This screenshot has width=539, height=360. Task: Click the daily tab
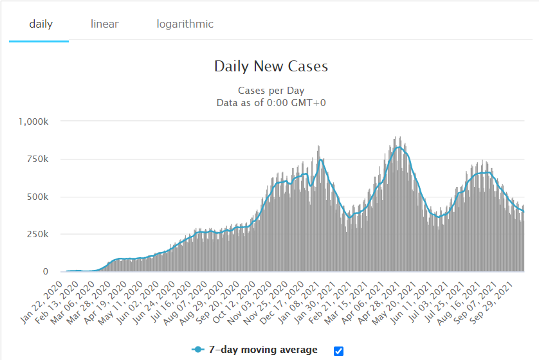coord(41,24)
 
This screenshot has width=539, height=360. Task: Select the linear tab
coord(105,24)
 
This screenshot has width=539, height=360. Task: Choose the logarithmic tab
coord(185,24)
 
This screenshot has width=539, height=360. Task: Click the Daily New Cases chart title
coord(271,67)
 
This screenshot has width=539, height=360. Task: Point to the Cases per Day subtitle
coord(271,91)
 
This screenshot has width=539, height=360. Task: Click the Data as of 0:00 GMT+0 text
coord(271,102)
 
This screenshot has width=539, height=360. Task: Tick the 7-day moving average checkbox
coord(339,350)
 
